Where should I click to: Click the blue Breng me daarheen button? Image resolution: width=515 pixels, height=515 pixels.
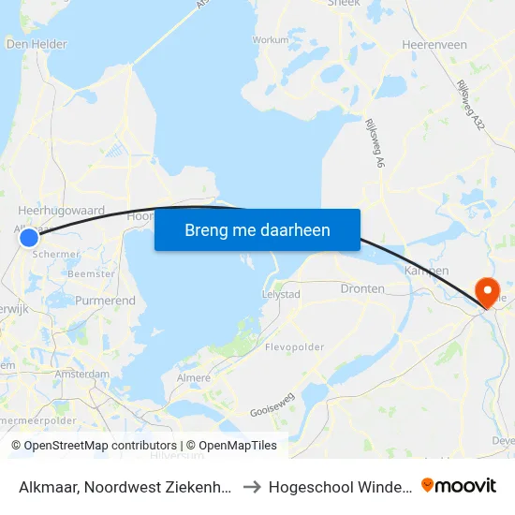257,229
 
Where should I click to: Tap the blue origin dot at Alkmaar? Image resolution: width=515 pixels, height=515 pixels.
29,238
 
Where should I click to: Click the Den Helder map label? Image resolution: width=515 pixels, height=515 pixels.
37,43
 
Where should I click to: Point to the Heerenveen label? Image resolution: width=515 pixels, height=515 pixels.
434,44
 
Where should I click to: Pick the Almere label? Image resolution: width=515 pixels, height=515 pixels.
194,377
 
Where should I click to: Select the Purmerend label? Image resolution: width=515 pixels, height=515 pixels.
105,301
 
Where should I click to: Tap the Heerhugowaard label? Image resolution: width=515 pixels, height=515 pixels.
62,212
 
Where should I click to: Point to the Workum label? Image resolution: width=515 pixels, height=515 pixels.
271,40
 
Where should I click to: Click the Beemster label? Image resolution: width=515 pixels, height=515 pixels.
91,274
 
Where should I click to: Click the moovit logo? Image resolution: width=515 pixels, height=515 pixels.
459,485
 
